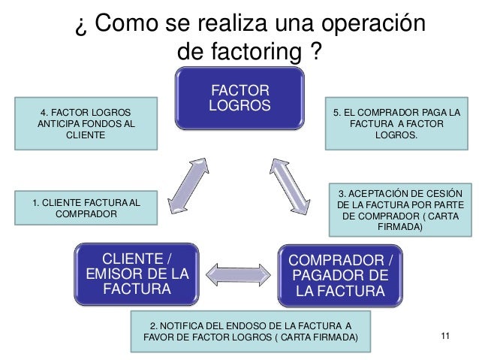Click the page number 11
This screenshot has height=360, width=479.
[446, 336]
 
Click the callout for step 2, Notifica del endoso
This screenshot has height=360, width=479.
[251, 331]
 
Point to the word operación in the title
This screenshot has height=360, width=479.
[372, 25]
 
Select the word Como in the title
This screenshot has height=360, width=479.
[126, 25]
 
